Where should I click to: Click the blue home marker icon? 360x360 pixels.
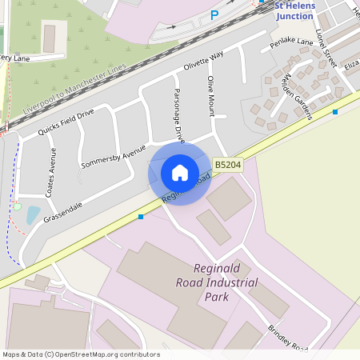[x=180, y=172]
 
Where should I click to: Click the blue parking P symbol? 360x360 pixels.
[x=214, y=15]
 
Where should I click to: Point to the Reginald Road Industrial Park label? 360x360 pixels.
[x=216, y=282]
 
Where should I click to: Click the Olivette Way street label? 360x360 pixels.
[x=203, y=62]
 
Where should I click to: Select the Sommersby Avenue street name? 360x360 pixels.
[x=114, y=157]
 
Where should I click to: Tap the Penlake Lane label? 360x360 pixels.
[x=291, y=41]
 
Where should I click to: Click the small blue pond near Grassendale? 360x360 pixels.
[x=33, y=214]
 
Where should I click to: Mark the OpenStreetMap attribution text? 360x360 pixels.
[x=81, y=354]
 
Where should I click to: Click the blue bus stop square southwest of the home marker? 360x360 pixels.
[x=141, y=216]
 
